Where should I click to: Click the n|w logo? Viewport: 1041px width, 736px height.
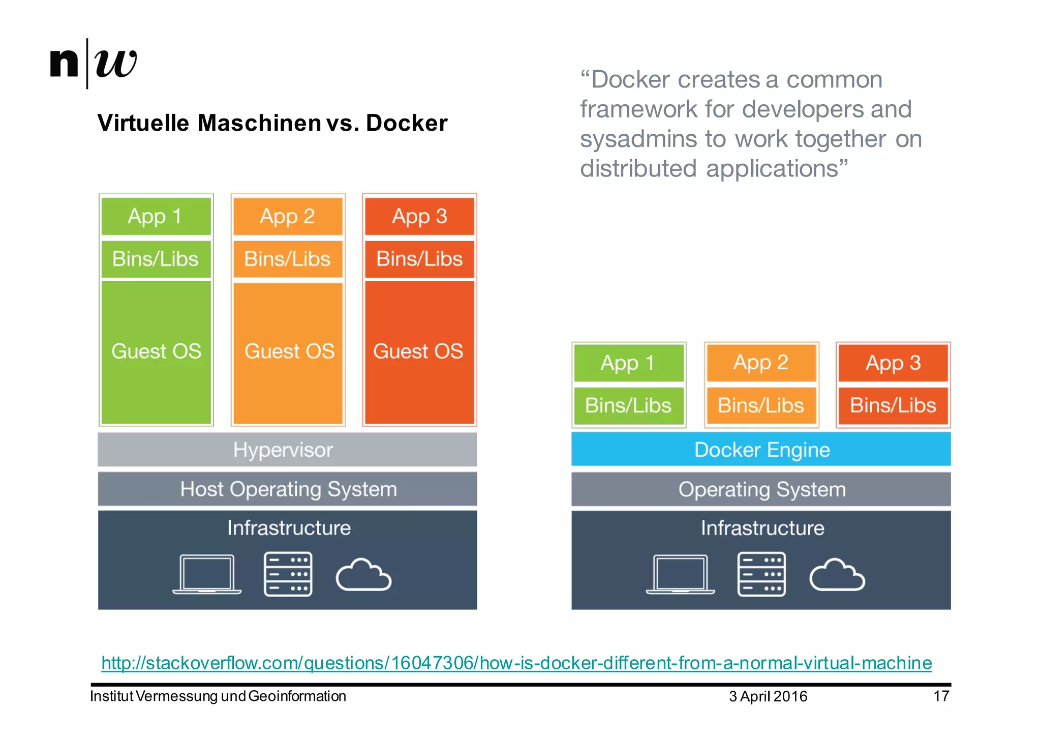pyautogui.click(x=94, y=63)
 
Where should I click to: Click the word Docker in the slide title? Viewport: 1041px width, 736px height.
pyautogui.click(x=406, y=123)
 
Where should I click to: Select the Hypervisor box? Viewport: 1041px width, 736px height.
pyautogui.click(x=287, y=450)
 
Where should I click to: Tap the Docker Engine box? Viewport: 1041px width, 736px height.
pyautogui.click(x=761, y=450)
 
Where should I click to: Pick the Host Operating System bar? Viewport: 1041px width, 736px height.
pyautogui.click(x=287, y=489)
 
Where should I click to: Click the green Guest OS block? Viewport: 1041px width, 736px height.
pyautogui.click(x=156, y=351)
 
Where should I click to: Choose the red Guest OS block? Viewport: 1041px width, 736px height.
pyautogui.click(x=419, y=351)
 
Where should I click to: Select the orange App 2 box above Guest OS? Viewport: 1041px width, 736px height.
pyautogui.click(x=288, y=216)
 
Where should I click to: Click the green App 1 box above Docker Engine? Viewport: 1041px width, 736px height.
pyautogui.click(x=628, y=363)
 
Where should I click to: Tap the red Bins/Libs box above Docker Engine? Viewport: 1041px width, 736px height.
pyautogui.click(x=893, y=405)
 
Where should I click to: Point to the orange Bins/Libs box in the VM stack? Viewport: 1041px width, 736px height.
pyautogui.click(x=288, y=259)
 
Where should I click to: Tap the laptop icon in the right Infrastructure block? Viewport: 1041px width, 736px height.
pyautogui.click(x=680, y=575)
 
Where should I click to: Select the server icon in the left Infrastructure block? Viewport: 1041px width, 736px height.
pyautogui.click(x=288, y=574)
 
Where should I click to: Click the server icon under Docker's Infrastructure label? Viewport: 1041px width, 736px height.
pyautogui.click(x=761, y=574)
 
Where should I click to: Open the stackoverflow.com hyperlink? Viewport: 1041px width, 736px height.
pyautogui.click(x=516, y=663)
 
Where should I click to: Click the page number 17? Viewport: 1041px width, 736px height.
pyautogui.click(x=941, y=696)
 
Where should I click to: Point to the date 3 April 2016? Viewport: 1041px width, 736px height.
pyautogui.click(x=768, y=696)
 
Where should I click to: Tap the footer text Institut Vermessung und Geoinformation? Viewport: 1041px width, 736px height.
pyautogui.click(x=218, y=696)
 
